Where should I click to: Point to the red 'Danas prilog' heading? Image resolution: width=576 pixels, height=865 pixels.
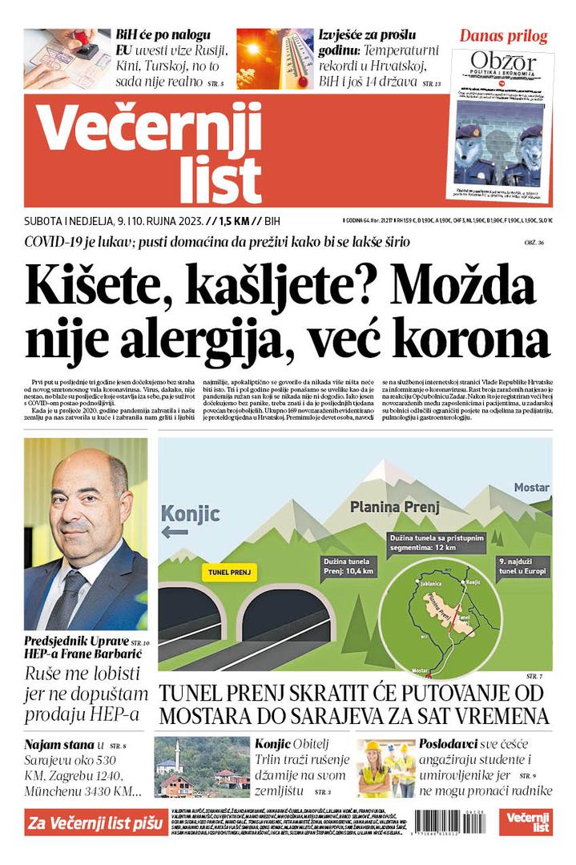click(503, 36)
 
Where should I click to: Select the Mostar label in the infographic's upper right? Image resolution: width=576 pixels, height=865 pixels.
click(531, 487)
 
